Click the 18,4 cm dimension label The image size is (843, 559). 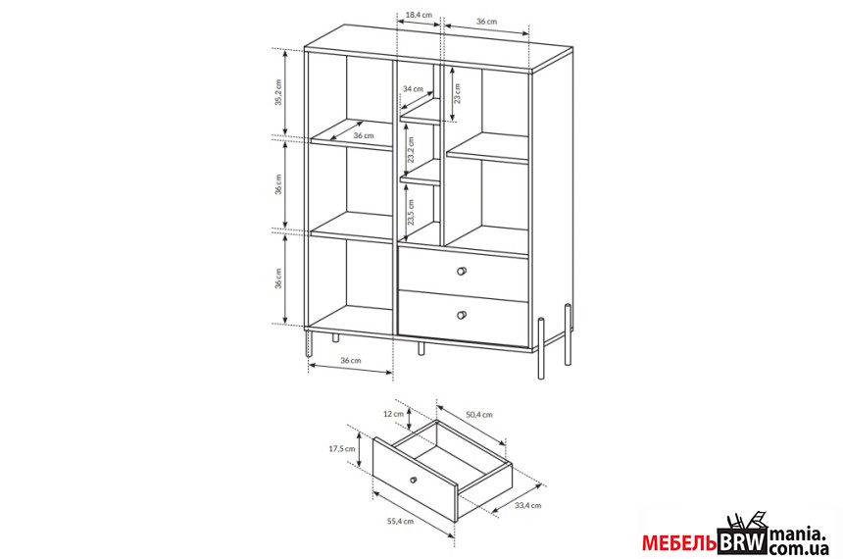pyautogui.click(x=419, y=15)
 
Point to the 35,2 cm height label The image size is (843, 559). pyautogui.click(x=278, y=92)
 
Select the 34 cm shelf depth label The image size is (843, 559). pyautogui.click(x=413, y=89)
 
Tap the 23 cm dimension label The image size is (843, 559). pyautogui.click(x=457, y=93)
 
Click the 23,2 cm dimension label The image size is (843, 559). pyautogui.click(x=412, y=150)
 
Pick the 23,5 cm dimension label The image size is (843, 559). pyautogui.click(x=412, y=212)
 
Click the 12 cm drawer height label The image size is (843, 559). pyautogui.click(x=393, y=414)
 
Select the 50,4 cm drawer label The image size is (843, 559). pyautogui.click(x=479, y=414)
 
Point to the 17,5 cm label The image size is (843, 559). pyautogui.click(x=342, y=449)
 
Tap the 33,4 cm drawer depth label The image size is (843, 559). pyautogui.click(x=528, y=505)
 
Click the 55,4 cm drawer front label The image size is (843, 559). pyautogui.click(x=401, y=521)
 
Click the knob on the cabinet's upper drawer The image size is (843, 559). pyautogui.click(x=462, y=271)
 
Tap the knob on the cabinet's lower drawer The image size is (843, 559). pyautogui.click(x=462, y=315)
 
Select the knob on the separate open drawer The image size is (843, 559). pyautogui.click(x=413, y=480)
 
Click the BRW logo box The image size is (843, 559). pyautogui.click(x=742, y=541)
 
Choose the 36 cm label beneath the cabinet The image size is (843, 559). pyautogui.click(x=351, y=361)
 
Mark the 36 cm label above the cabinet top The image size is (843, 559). pyautogui.click(x=486, y=22)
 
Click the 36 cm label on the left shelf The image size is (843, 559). pyautogui.click(x=364, y=135)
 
